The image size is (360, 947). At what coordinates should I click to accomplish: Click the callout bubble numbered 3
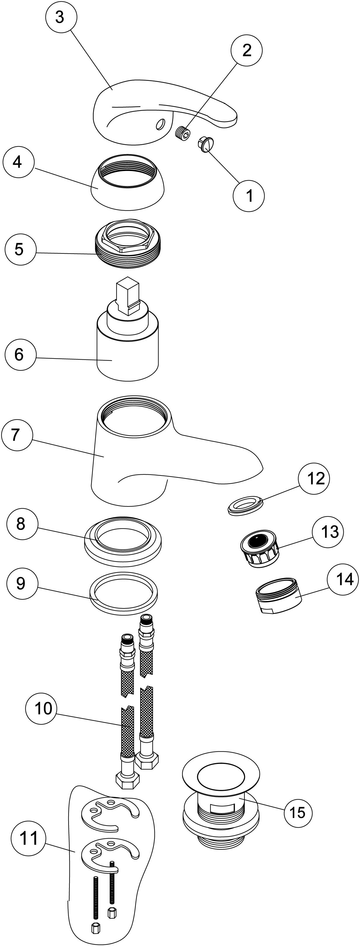coord(60,17)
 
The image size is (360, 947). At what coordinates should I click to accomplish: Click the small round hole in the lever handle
coord(160,124)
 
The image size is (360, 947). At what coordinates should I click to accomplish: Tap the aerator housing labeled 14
coord(279,597)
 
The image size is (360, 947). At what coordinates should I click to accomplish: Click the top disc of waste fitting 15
coord(221,777)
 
